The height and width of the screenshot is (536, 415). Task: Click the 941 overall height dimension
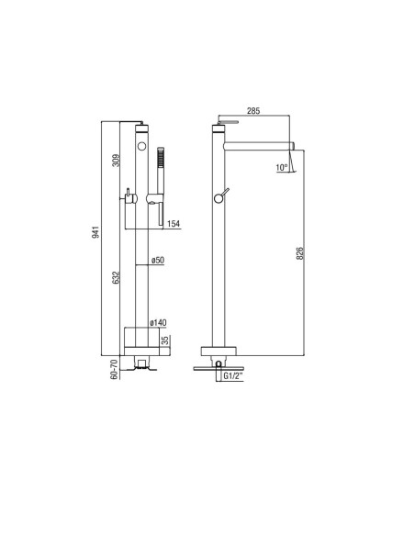tap(96, 231)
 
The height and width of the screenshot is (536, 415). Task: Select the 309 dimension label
tap(117, 161)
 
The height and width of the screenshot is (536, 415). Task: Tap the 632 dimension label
tap(117, 277)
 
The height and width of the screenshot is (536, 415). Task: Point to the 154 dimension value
tap(174, 224)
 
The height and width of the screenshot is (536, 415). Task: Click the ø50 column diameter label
tap(158, 260)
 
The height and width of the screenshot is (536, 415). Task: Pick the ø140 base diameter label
tap(158, 322)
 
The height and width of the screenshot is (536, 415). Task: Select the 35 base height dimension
tap(165, 341)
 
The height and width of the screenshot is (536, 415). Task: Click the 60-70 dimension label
tap(115, 369)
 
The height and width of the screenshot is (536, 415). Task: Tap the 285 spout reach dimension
tap(253, 111)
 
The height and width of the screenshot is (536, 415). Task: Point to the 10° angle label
tap(282, 167)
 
